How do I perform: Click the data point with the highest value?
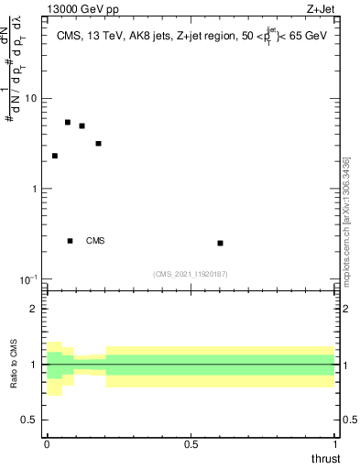tap(68, 122)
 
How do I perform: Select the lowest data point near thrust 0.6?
tap(221, 243)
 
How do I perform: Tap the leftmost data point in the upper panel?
tap(55, 156)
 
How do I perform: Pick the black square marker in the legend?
tap(71, 241)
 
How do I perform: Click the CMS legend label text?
tap(95, 241)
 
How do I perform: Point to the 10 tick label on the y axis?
tap(32, 98)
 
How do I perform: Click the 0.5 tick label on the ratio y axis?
tap(30, 420)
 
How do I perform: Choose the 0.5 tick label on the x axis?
tap(191, 443)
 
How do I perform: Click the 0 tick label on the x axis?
tap(47, 443)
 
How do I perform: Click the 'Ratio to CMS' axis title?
tap(15, 365)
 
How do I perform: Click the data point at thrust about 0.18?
tap(98, 143)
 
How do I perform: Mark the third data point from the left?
tap(82, 125)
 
